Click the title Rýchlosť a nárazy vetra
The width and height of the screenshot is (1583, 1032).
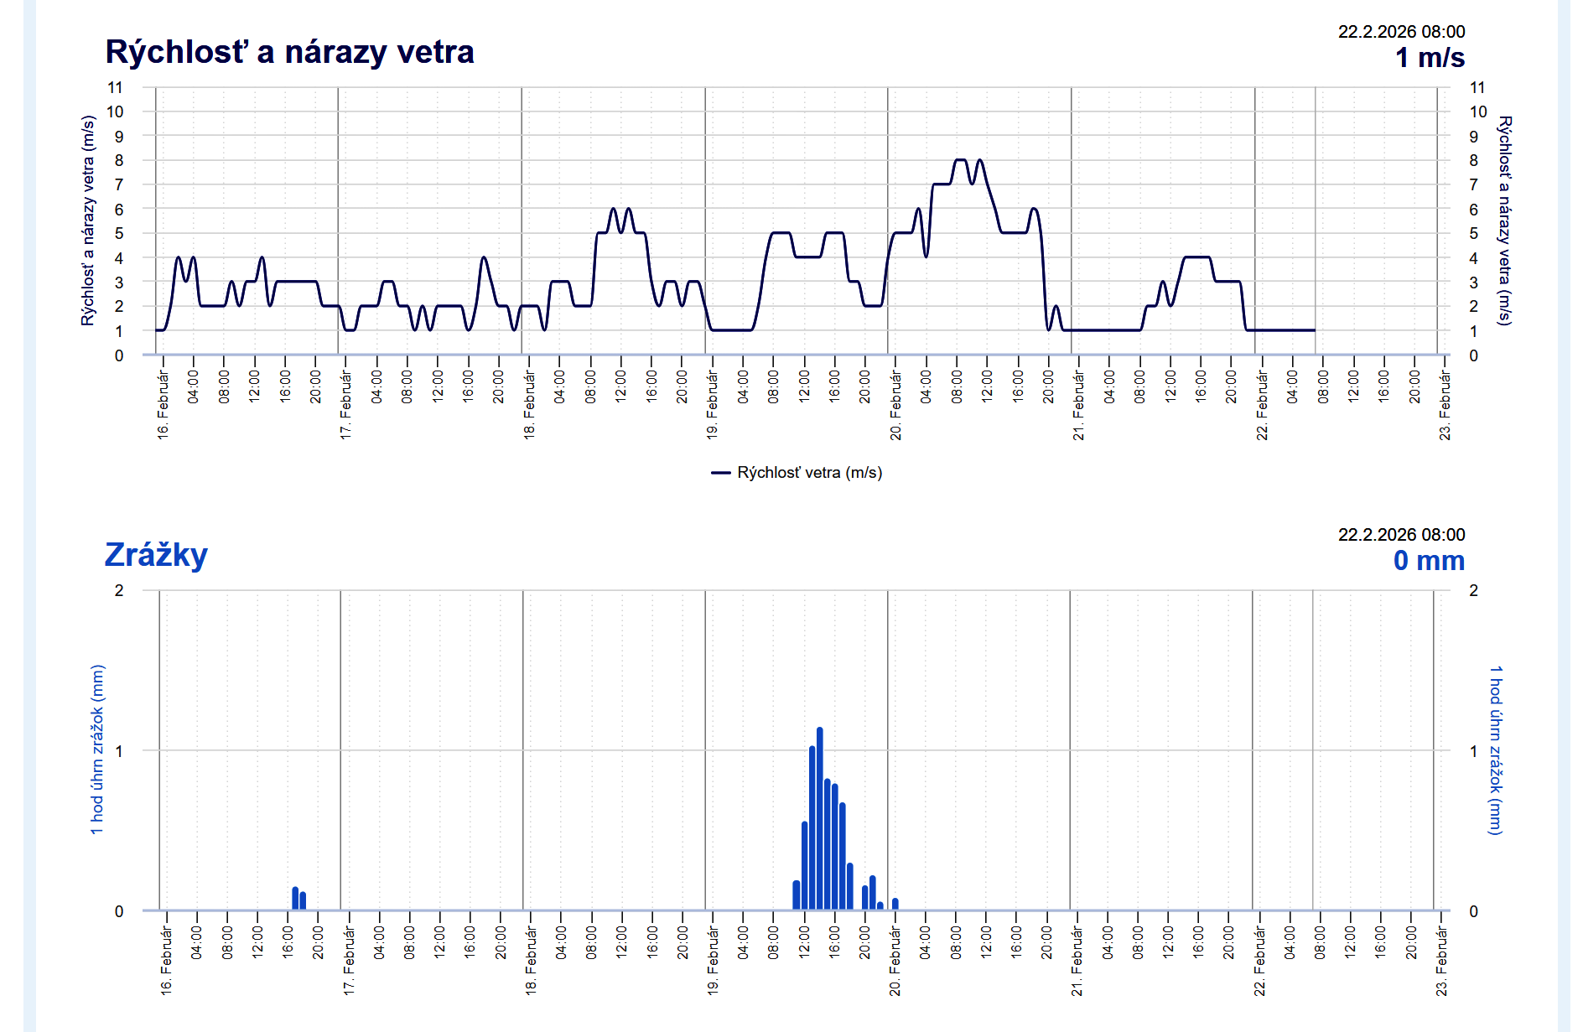click(289, 52)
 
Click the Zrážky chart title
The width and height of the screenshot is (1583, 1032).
click(156, 555)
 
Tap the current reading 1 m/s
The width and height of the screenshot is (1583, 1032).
click(1430, 58)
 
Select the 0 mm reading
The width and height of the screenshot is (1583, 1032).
click(1429, 560)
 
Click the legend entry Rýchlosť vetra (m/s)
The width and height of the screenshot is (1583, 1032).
click(797, 473)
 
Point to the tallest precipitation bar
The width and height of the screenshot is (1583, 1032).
click(819, 817)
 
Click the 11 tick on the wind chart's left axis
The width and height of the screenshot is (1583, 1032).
click(115, 87)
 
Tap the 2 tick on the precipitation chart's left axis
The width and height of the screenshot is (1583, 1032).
click(119, 590)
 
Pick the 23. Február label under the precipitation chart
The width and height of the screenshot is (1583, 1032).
click(1442, 961)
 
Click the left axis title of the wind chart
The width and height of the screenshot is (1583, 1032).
click(88, 220)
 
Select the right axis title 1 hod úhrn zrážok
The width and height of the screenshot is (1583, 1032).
click(1495, 750)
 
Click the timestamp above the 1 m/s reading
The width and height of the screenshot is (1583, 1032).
click(1401, 32)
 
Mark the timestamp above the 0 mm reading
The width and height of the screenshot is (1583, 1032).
click(1401, 535)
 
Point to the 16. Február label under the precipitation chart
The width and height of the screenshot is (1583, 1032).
click(167, 961)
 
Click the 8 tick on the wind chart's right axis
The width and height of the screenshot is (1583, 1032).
click(1474, 160)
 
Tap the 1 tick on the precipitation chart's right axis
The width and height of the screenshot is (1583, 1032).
click(1474, 751)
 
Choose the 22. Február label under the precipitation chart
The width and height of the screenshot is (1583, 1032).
click(1259, 961)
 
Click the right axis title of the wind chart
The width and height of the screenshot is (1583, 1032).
click(1505, 220)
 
